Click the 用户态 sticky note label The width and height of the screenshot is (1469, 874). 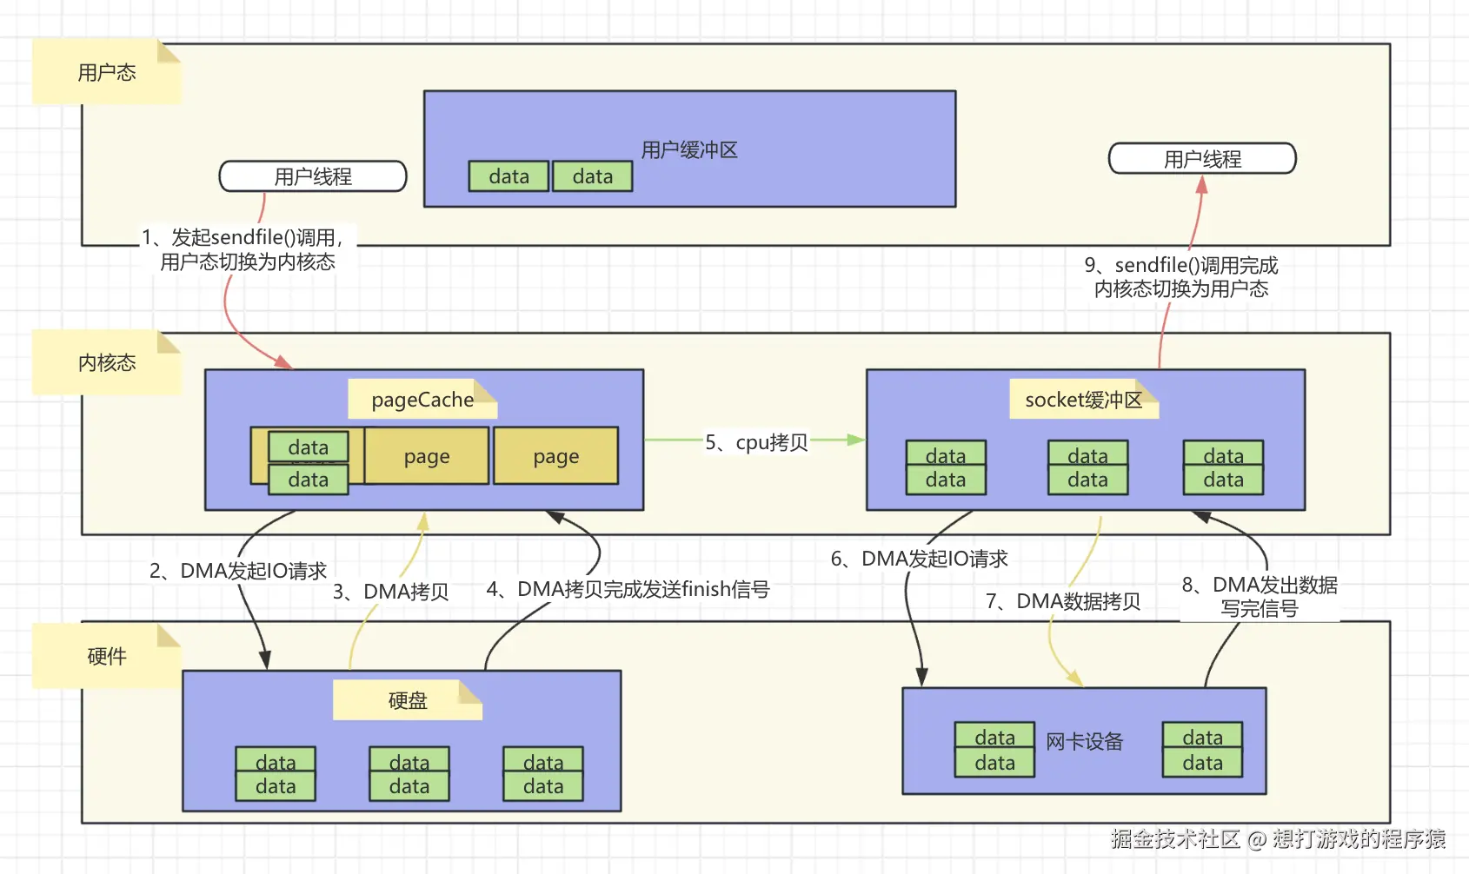[x=106, y=71]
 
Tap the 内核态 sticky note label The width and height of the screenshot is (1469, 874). [x=106, y=362]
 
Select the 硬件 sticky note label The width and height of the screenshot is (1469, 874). [x=106, y=656]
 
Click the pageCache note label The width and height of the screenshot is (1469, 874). [x=422, y=400]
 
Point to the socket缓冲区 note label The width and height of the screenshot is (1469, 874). [x=1083, y=400]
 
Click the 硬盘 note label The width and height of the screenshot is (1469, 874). [x=408, y=700]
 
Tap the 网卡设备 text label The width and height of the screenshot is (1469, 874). [x=1084, y=742]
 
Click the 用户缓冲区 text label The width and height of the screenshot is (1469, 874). [x=689, y=150]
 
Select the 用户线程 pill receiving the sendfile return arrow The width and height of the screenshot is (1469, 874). [x=1202, y=159]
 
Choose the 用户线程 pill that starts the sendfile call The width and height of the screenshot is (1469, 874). [x=313, y=176]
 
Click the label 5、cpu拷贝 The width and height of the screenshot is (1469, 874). [x=756, y=442]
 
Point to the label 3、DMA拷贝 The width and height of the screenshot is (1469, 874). [x=390, y=592]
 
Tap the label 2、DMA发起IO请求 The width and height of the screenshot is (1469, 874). [x=238, y=571]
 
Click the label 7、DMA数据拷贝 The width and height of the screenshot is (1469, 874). [x=1063, y=600]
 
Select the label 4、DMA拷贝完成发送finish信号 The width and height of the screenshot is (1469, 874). [x=628, y=589]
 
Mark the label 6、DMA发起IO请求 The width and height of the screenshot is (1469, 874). [x=920, y=559]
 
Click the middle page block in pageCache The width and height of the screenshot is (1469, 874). [x=426, y=456]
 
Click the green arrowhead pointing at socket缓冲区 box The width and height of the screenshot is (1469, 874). [x=855, y=440]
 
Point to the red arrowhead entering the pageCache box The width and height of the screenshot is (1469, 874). [x=283, y=362]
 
